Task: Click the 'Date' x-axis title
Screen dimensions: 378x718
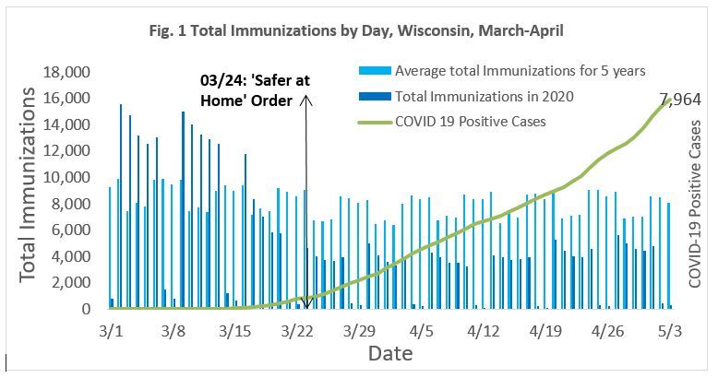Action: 389,354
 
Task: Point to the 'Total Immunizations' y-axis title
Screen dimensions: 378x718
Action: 29,184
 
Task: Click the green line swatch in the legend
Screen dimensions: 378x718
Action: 372,120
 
